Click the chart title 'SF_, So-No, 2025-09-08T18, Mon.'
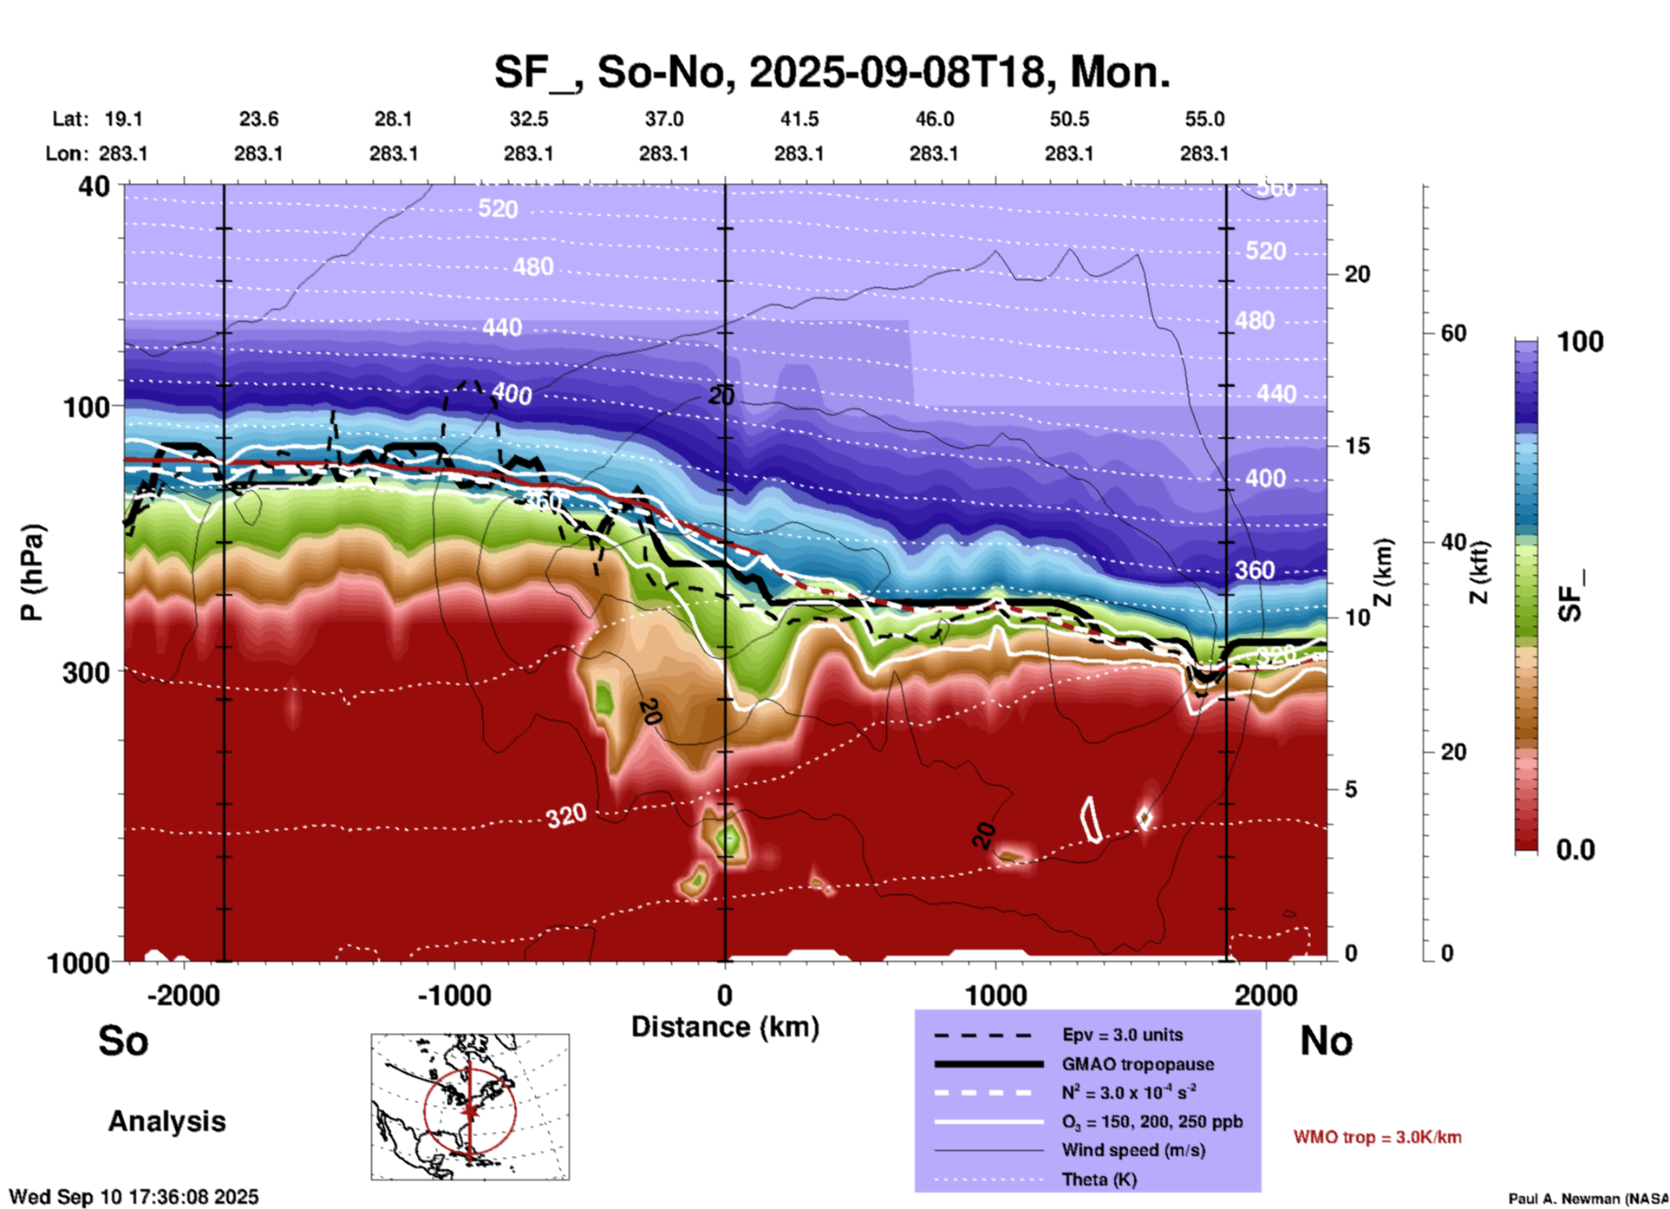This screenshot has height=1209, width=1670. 832,72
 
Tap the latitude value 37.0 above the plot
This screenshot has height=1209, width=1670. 663,119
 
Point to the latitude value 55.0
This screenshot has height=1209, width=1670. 1204,119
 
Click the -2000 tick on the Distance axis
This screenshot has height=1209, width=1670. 183,995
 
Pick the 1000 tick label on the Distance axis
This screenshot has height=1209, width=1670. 995,995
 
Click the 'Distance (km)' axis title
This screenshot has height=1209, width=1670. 725,1027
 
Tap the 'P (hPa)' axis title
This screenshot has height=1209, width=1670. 32,572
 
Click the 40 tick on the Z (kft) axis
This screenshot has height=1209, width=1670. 1453,542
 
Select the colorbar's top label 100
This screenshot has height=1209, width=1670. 1580,342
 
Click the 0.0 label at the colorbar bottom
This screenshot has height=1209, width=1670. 1575,849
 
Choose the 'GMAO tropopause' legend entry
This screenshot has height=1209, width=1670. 1138,1064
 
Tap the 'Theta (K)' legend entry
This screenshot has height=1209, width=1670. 1099,1180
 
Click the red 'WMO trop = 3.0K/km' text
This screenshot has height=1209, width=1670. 1377,1137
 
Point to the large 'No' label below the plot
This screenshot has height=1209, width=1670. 1326,1041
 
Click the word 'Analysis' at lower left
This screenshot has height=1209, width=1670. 166,1121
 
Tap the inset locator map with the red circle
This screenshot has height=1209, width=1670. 470,1106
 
